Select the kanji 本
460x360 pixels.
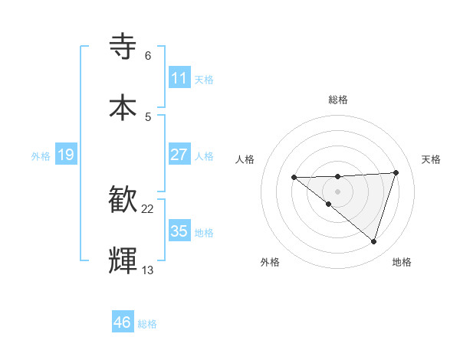(123, 106)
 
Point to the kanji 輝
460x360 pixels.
(123, 260)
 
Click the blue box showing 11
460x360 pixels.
(179, 77)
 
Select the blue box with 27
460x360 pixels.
(179, 154)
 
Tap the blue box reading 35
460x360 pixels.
(179, 231)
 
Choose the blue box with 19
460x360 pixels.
(65, 155)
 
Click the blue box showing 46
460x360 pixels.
(123, 322)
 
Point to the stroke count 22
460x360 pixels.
(148, 209)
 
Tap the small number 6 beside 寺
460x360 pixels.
(148, 56)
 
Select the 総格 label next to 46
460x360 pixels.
(147, 324)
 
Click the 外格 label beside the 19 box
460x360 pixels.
(41, 155)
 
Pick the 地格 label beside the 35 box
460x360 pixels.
(204, 232)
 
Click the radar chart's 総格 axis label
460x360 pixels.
(338, 100)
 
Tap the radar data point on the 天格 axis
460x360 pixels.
(396, 172)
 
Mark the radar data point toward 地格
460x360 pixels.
(373, 241)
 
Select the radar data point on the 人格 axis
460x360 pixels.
(294, 178)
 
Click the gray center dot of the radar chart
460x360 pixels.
(337, 191)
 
